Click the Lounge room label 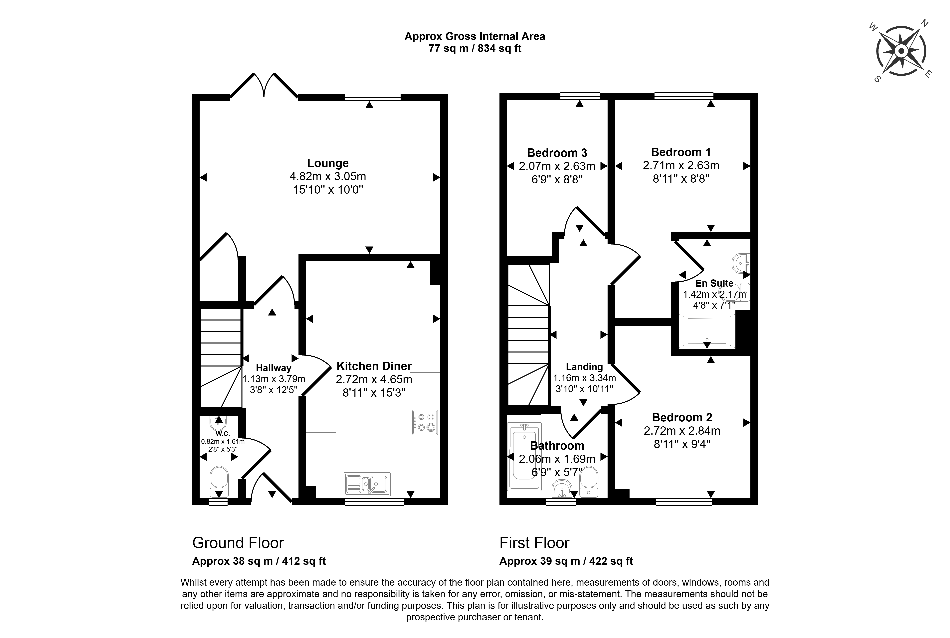pos(328,163)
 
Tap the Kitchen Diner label pos(374,366)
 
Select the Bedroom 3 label pos(557,153)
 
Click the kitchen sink pos(367,483)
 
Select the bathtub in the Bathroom pos(524,455)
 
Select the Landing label pos(584,367)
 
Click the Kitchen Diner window pos(374,502)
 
